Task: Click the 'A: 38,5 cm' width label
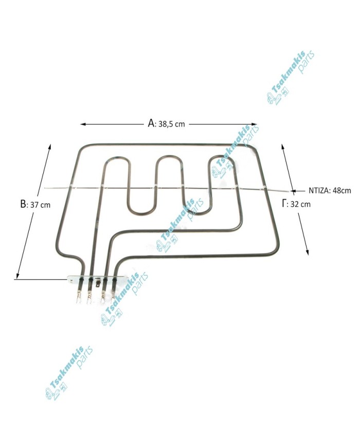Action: point(166,123)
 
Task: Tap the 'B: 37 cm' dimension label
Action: point(35,204)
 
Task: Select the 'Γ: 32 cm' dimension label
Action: point(296,204)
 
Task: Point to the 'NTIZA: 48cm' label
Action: point(330,190)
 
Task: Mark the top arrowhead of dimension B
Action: point(50,147)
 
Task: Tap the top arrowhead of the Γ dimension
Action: point(282,146)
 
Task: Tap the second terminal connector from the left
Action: point(89,297)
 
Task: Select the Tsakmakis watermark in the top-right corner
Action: point(290,77)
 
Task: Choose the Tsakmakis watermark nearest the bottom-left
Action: point(68,374)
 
